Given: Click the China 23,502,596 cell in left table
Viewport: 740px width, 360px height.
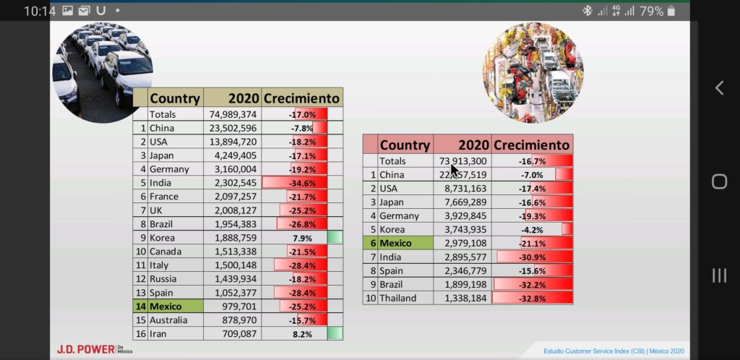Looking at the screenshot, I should pyautogui.click(x=233, y=128).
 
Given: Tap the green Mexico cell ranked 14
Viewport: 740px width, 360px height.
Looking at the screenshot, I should pyautogui.click(x=175, y=306).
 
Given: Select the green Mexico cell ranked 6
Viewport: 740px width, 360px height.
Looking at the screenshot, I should pyautogui.click(x=405, y=243).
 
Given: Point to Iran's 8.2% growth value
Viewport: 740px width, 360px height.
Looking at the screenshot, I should pyautogui.click(x=302, y=334).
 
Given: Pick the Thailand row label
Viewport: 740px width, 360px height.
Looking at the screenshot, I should pyautogui.click(x=397, y=298).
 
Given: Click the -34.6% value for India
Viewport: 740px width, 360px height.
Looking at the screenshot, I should pyautogui.click(x=302, y=183).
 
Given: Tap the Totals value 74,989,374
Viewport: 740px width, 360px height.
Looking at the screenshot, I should pyautogui.click(x=233, y=114).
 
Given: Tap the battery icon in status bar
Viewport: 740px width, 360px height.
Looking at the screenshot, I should pyautogui.click(x=671, y=11).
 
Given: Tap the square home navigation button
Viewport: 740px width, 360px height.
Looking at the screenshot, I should pyautogui.click(x=719, y=181).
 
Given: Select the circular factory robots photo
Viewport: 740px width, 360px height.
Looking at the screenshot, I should pyautogui.click(x=533, y=72).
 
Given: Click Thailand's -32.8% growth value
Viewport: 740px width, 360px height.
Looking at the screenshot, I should pyautogui.click(x=533, y=298).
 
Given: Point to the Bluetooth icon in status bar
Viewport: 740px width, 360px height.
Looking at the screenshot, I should pyautogui.click(x=588, y=11).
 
